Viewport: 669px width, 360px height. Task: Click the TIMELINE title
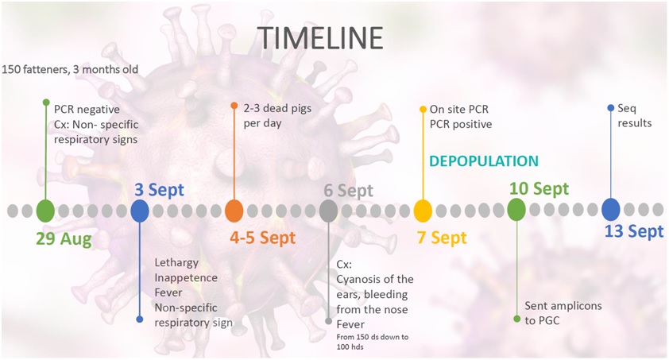click(x=320, y=38)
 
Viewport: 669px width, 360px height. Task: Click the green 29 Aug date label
click(x=64, y=239)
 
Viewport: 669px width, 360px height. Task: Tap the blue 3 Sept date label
click(x=159, y=190)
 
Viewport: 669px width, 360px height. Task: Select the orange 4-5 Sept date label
click(x=262, y=238)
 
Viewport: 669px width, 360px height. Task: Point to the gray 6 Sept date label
click(x=348, y=191)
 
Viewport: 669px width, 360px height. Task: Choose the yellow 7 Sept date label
click(x=442, y=238)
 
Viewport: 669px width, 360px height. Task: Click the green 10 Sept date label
click(x=539, y=188)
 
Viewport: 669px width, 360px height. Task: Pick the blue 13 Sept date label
click(x=634, y=231)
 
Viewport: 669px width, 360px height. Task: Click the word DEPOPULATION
click(x=484, y=161)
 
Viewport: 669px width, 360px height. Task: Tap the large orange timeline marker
click(x=234, y=211)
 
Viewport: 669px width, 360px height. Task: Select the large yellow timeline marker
click(x=423, y=211)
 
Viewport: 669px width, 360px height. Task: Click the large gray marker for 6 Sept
click(x=328, y=211)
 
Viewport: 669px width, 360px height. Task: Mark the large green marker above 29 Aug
click(x=45, y=211)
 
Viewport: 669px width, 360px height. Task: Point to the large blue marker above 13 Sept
click(x=610, y=210)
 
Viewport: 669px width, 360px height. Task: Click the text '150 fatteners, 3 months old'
click(x=70, y=69)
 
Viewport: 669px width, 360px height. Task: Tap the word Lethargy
click(x=176, y=263)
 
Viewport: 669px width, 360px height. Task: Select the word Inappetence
click(x=186, y=278)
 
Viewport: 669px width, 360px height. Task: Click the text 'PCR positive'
click(x=461, y=124)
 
